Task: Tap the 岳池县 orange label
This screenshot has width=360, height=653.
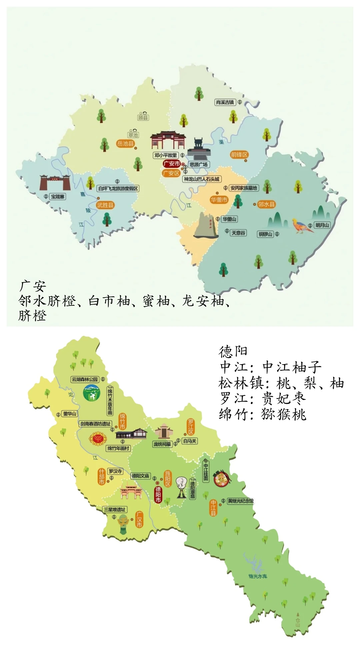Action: [125, 144]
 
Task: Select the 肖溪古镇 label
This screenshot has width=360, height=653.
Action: [225, 102]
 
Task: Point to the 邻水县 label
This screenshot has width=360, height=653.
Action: [267, 204]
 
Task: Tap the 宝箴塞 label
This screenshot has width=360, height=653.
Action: [58, 197]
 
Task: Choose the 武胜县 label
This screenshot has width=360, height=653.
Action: [105, 205]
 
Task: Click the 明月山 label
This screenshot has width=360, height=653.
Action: [322, 225]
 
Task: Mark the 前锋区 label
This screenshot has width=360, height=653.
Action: [239, 155]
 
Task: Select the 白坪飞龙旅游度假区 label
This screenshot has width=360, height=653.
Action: [118, 189]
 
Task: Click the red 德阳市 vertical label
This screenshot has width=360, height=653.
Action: [158, 494]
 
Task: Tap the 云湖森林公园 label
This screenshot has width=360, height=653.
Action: [85, 379]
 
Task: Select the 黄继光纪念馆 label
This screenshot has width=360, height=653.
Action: [240, 501]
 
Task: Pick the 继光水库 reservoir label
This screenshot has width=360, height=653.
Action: [258, 576]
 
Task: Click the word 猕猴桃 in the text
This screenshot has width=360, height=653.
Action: [284, 414]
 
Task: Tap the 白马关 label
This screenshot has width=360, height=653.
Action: [190, 441]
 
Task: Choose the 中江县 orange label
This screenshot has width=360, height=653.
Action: [213, 508]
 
